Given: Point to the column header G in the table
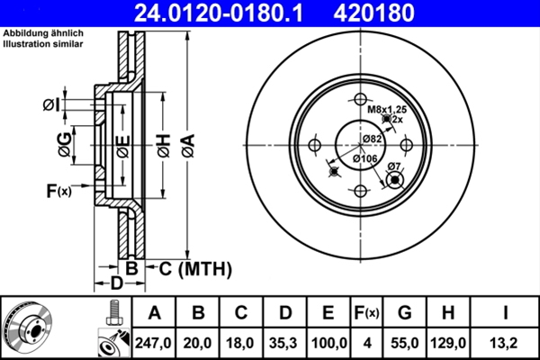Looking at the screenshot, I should [405, 313].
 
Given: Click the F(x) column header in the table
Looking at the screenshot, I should [367, 313].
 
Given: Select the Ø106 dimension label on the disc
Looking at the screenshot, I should [364, 158].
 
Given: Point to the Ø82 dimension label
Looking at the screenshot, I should [372, 138].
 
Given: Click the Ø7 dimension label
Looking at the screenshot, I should [393, 167].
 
